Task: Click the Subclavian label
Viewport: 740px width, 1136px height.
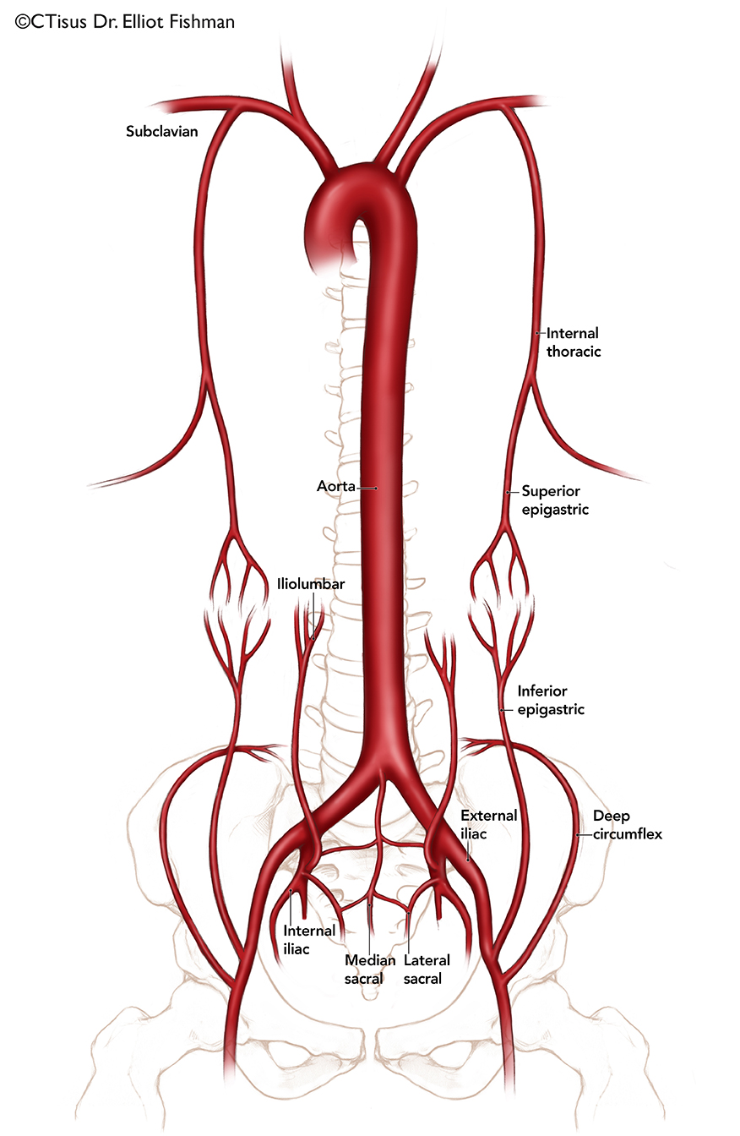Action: click(x=161, y=131)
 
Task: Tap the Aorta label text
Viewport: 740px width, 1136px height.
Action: click(x=336, y=486)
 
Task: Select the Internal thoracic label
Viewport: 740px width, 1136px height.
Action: click(x=574, y=342)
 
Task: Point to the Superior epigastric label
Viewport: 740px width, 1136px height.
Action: click(x=555, y=500)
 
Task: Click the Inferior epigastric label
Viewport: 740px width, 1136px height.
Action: click(x=551, y=700)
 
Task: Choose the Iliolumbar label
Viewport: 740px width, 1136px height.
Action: click(x=311, y=584)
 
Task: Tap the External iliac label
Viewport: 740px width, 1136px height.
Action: click(x=488, y=825)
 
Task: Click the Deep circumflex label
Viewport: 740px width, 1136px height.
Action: click(x=628, y=825)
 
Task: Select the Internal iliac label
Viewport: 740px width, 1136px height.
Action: click(x=309, y=940)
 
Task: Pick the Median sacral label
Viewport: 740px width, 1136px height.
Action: click(x=370, y=969)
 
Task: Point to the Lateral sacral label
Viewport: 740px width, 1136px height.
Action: click(x=427, y=969)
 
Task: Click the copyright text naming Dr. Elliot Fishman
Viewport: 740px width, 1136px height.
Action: click(x=125, y=22)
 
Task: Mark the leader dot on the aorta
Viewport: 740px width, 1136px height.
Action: click(x=376, y=488)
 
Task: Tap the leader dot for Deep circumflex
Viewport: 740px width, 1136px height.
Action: click(x=578, y=834)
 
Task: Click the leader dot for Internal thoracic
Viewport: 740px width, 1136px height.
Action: click(x=537, y=333)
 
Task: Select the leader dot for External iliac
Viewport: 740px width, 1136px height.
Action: click(x=467, y=860)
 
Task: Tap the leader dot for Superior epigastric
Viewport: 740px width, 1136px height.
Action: click(x=508, y=492)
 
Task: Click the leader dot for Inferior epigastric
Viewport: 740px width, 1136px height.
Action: click(x=502, y=710)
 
